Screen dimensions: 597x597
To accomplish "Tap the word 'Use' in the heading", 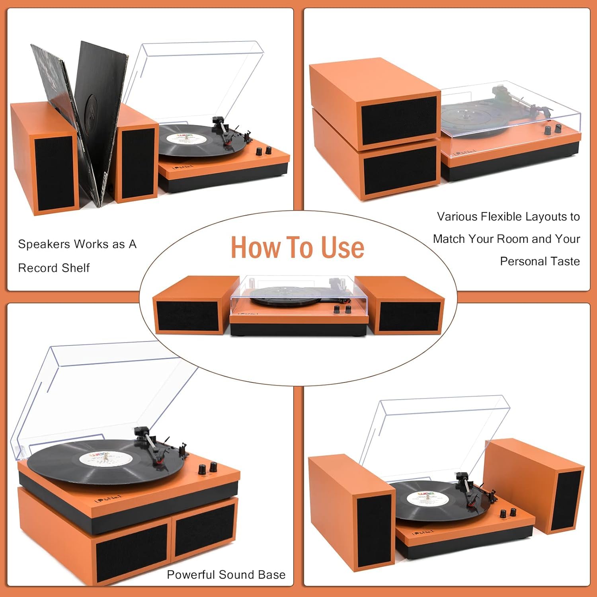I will click(343, 248).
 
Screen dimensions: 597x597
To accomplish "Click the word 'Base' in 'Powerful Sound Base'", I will click(272, 575).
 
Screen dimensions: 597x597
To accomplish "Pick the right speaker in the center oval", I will click(406, 310).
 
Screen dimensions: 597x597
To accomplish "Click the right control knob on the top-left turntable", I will click(269, 150).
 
